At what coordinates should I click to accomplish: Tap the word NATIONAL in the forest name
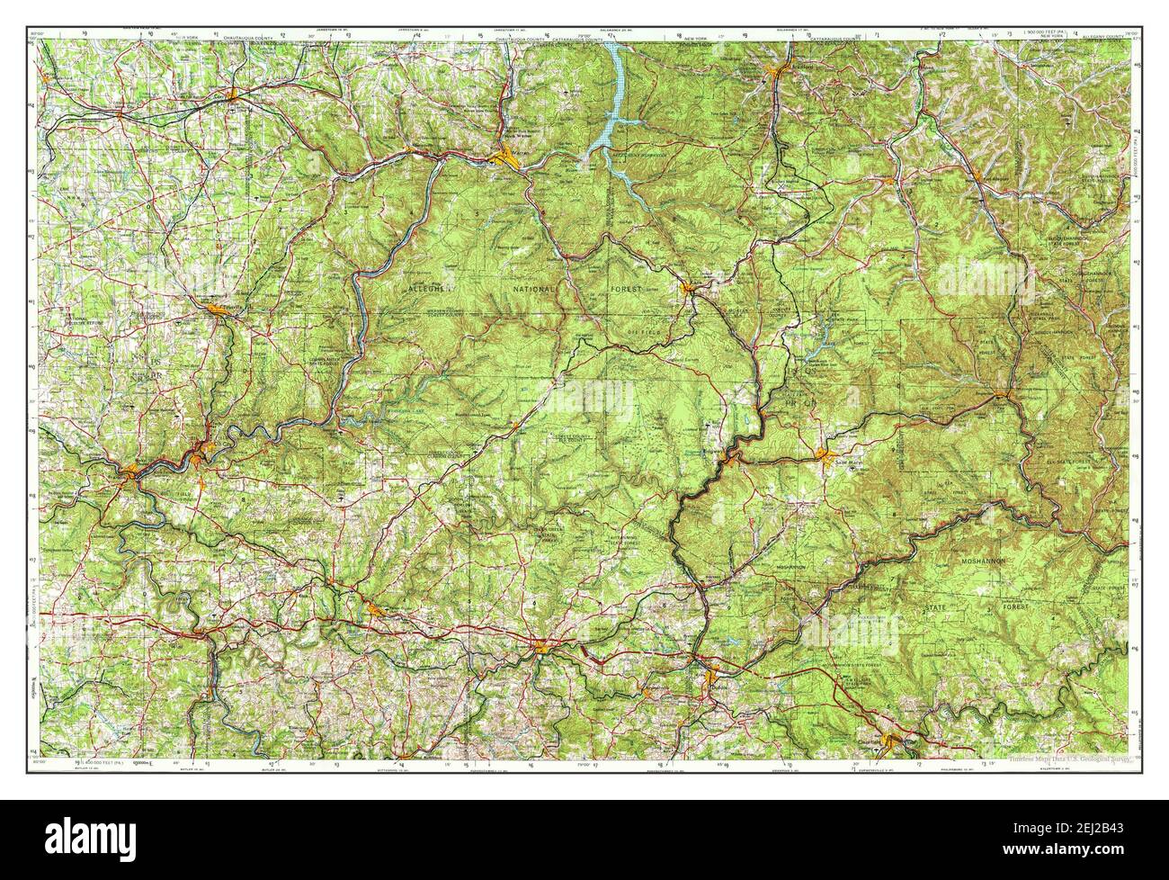[536, 289]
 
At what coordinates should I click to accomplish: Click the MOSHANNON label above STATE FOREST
[988, 561]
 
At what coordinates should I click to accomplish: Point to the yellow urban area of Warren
[509, 160]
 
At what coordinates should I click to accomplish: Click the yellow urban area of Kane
[689, 289]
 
